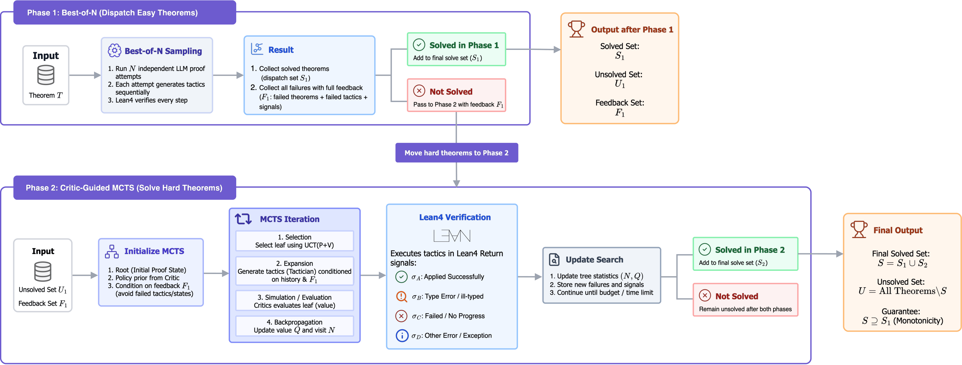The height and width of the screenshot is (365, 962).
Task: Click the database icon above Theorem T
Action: point(46,75)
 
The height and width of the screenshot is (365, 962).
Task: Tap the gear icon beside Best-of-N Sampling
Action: point(114,51)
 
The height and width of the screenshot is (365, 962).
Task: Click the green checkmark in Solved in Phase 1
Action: point(419,45)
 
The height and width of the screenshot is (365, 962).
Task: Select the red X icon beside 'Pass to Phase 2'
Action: point(419,91)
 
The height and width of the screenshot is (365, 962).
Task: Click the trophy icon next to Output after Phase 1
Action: point(576,29)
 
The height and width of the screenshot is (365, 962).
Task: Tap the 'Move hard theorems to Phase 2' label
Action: point(456,153)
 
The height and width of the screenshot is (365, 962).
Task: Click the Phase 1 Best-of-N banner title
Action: point(112,13)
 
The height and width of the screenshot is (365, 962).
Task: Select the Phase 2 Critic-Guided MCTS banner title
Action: point(124,188)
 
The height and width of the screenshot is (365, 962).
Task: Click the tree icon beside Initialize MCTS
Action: point(112,251)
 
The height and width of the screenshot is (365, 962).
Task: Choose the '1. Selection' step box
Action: point(295,241)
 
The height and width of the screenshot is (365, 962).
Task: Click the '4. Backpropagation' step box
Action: point(295,326)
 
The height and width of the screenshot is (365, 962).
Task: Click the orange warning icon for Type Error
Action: point(401,296)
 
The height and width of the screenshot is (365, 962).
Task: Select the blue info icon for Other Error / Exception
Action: point(402,335)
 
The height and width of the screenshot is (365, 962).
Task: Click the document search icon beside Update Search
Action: point(554,259)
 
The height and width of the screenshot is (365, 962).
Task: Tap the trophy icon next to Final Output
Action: point(859,229)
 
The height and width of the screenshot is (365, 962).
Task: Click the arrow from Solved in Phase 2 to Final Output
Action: point(821,254)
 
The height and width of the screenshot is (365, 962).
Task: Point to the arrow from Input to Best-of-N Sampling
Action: point(85,75)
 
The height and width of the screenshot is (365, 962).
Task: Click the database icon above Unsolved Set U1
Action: point(43,271)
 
